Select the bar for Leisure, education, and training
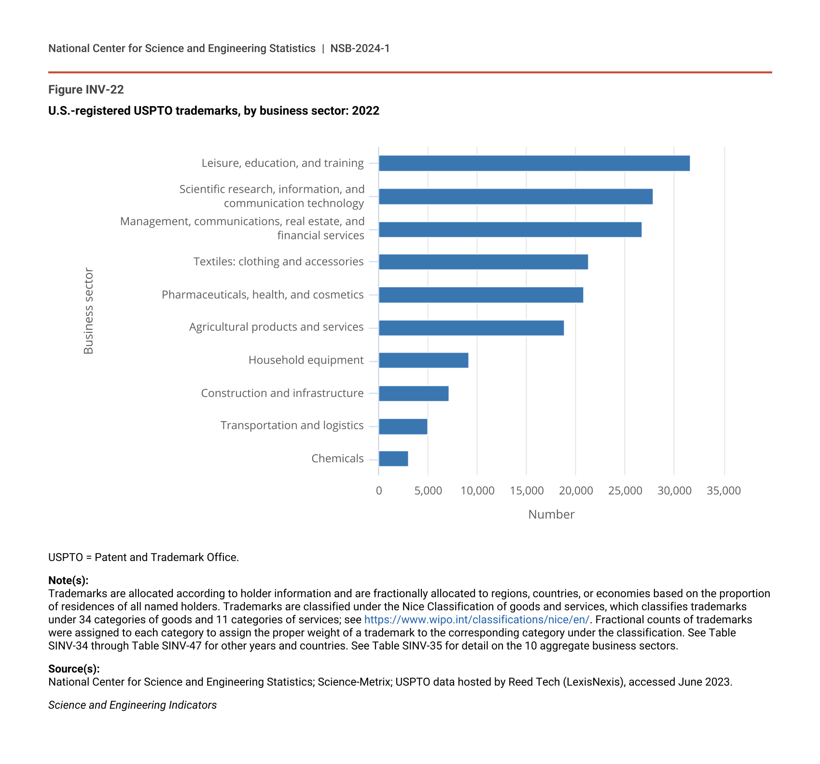(x=534, y=164)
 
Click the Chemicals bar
(x=393, y=459)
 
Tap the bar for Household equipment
(x=423, y=360)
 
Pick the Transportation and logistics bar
(x=403, y=426)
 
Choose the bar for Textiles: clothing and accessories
(x=483, y=262)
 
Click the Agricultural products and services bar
(x=471, y=328)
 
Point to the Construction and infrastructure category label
(x=282, y=393)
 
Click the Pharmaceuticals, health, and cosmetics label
(x=263, y=295)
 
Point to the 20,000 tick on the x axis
(x=576, y=491)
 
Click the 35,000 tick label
(x=723, y=491)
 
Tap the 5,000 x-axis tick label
(x=428, y=491)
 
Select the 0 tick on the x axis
(x=379, y=491)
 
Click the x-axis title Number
(x=551, y=515)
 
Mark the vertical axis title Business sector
(x=88, y=311)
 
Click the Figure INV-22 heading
(x=86, y=90)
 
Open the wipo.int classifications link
(x=476, y=620)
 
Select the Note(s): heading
(x=68, y=580)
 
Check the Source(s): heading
(x=74, y=669)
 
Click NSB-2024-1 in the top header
(x=360, y=49)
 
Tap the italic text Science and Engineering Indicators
(x=132, y=705)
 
